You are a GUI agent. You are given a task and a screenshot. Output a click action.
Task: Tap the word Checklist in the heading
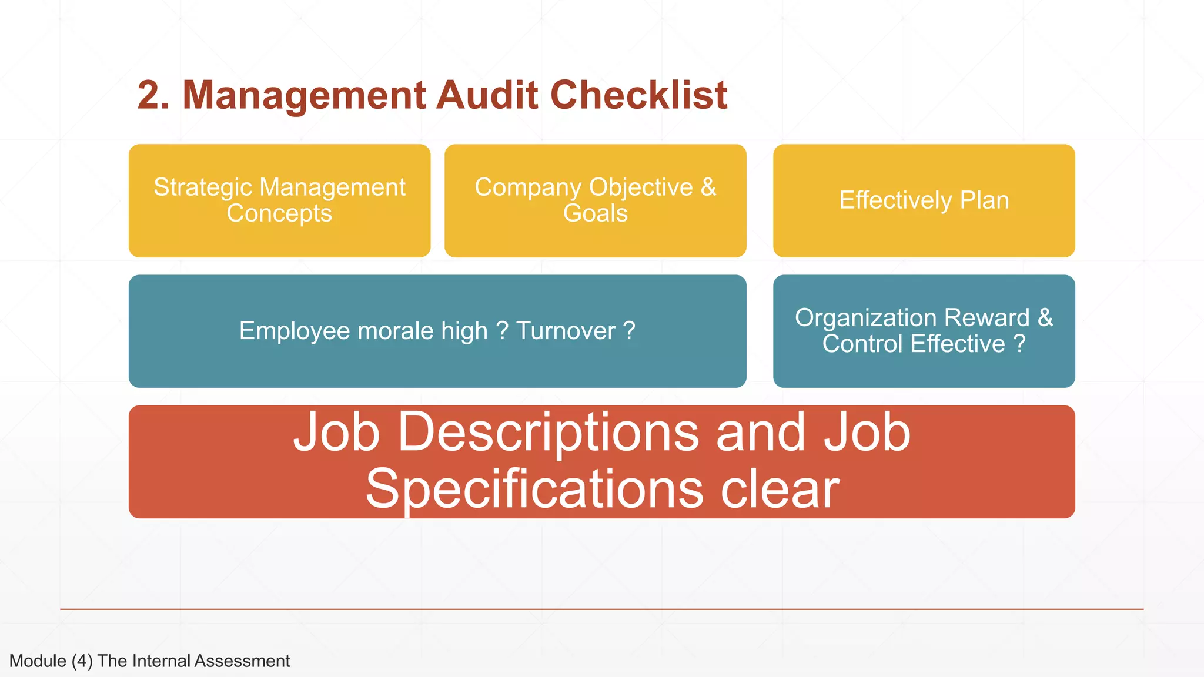tap(639, 95)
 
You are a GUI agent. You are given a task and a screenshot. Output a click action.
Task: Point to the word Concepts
tap(279, 213)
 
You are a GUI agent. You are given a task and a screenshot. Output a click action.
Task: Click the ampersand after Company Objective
tap(708, 187)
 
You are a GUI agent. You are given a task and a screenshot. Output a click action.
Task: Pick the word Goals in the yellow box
tap(596, 213)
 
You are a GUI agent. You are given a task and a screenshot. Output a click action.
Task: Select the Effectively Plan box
tap(924, 200)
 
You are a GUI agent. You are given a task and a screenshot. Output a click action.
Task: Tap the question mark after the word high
tap(502, 331)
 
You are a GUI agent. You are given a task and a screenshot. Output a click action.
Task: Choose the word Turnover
tap(566, 331)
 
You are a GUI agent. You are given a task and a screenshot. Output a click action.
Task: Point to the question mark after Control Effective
tap(1019, 344)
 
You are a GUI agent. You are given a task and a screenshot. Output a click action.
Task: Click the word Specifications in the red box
tap(534, 490)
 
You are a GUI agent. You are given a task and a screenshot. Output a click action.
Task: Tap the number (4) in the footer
tap(82, 661)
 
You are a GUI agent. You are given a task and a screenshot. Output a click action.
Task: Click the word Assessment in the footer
tap(242, 661)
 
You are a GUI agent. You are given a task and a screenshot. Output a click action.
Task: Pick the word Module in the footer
tap(38, 661)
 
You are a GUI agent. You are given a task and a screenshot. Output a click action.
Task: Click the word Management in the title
tap(304, 95)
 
